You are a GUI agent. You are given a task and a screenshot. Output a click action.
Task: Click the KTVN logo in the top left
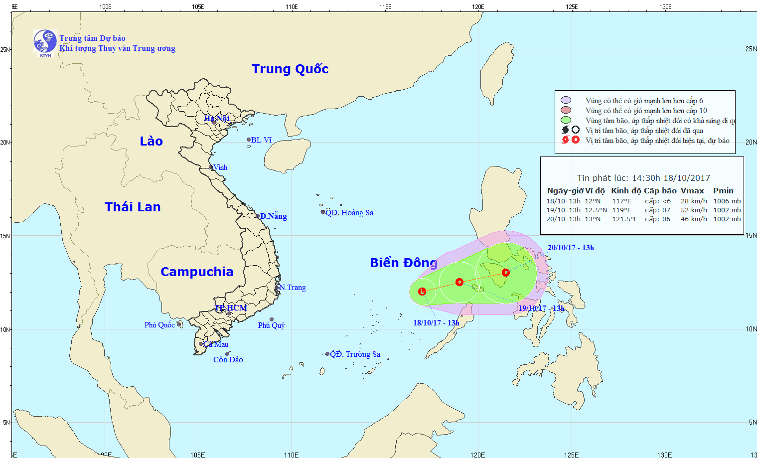pos(45,42)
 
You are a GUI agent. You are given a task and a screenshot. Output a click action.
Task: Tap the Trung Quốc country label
pos(290,69)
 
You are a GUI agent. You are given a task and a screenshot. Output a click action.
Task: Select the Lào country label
pos(151,142)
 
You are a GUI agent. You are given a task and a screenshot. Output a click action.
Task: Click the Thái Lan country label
pos(133,207)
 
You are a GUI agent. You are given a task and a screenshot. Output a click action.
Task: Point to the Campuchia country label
pos(197,272)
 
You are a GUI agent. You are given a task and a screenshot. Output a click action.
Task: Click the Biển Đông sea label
pos(403,263)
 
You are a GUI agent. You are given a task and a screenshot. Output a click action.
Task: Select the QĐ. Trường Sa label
pos(355,354)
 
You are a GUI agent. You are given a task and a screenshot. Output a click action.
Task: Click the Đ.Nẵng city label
pos(273,216)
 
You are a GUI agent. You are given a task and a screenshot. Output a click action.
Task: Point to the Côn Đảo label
pos(228,360)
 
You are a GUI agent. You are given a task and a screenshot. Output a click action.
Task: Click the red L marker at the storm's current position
pos(422,292)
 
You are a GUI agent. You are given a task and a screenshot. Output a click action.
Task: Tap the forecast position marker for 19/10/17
pos(459,282)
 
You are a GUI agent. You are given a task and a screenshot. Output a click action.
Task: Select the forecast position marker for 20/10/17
pos(506,273)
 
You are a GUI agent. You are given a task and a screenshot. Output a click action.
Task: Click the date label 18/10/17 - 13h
pos(436,323)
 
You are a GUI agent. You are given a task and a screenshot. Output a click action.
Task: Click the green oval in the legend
pos(565,120)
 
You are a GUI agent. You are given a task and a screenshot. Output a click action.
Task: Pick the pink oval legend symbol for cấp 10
pos(565,110)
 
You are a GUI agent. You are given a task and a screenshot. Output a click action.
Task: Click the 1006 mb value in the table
pos(727,201)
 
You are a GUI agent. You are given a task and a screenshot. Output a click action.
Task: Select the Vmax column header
pos(692,191)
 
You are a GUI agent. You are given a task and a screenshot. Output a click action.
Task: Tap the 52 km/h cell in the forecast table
pos(694,210)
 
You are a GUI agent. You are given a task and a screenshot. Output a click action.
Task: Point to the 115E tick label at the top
pos(385,6)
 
